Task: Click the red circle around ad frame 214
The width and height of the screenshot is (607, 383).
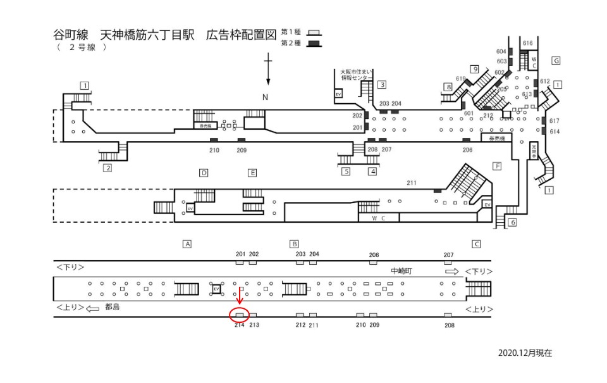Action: pos(240,314)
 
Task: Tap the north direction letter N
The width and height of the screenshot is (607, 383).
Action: pos(266,96)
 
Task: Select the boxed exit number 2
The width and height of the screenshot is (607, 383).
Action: pos(107,168)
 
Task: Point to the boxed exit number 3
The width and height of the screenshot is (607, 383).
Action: pos(382,85)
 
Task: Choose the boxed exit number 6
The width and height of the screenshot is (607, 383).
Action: pos(513,222)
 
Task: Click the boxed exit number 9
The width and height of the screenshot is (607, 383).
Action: pos(474,69)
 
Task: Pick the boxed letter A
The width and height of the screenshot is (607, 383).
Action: pos(187,243)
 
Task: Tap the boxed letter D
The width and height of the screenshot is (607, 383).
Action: pos(204,172)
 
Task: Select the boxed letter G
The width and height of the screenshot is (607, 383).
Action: pos(556,60)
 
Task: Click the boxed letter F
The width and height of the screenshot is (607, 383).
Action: pos(497,165)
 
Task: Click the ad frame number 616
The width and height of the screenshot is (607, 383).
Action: pos(529,42)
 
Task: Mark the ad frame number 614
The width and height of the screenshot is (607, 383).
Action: pos(555,131)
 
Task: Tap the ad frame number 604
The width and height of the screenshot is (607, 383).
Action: pos(501,51)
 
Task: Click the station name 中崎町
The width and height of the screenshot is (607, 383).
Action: pos(402,270)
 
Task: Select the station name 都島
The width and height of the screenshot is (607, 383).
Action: pos(112,308)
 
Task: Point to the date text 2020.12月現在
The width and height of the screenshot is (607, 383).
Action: pos(525,353)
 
